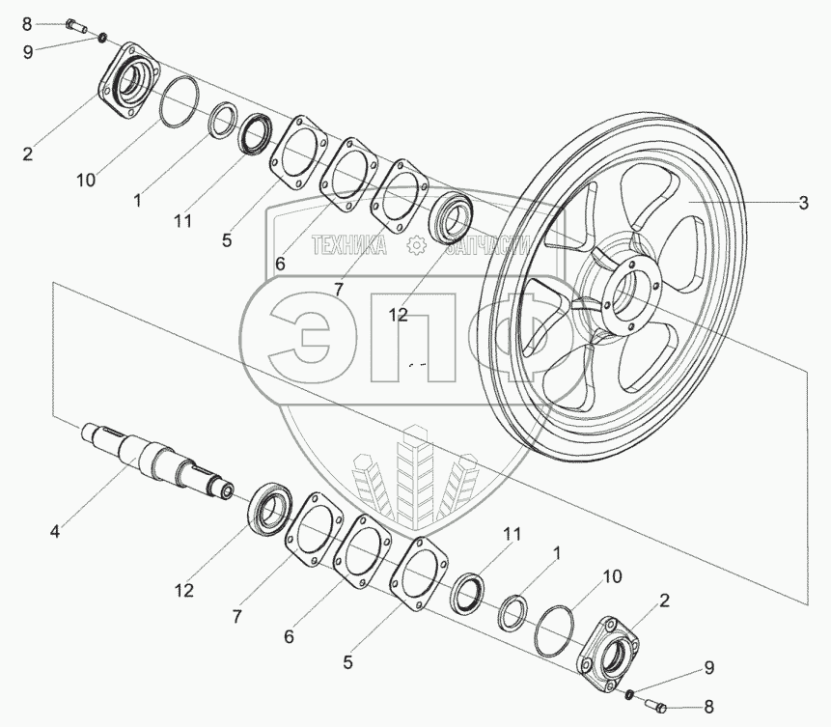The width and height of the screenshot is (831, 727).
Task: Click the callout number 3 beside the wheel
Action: click(x=803, y=203)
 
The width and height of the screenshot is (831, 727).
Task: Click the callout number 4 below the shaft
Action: click(x=56, y=531)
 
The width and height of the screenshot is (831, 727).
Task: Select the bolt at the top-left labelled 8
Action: click(x=77, y=25)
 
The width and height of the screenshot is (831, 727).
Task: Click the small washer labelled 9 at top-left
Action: click(x=103, y=38)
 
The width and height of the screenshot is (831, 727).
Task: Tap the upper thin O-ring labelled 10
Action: click(x=180, y=101)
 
